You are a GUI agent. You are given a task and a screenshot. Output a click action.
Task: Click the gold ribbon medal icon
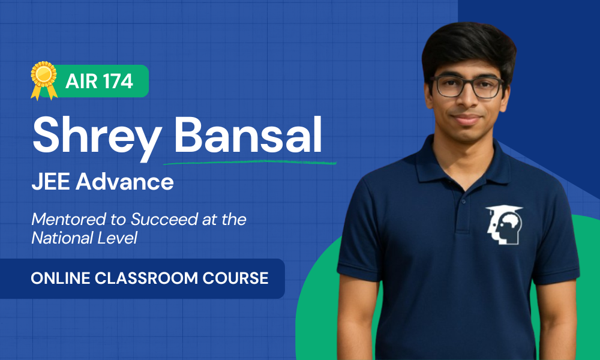44,80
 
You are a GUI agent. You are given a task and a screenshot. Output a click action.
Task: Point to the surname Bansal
248,134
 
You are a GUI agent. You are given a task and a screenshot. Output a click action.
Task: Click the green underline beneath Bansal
250,162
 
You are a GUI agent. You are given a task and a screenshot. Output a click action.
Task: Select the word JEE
50,182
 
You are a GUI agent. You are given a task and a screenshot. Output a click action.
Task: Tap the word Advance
125,182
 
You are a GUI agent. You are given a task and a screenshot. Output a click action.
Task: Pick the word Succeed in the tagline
164,219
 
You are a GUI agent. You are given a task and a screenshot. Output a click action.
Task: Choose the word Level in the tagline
117,238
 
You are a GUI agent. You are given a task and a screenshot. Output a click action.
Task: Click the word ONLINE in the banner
61,278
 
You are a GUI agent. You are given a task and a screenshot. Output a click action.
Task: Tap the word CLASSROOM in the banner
146,278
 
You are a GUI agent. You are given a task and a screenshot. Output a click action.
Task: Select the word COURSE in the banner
235,278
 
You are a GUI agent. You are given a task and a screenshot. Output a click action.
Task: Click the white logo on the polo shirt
504,225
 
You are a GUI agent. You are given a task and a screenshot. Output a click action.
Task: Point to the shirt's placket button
464,201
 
